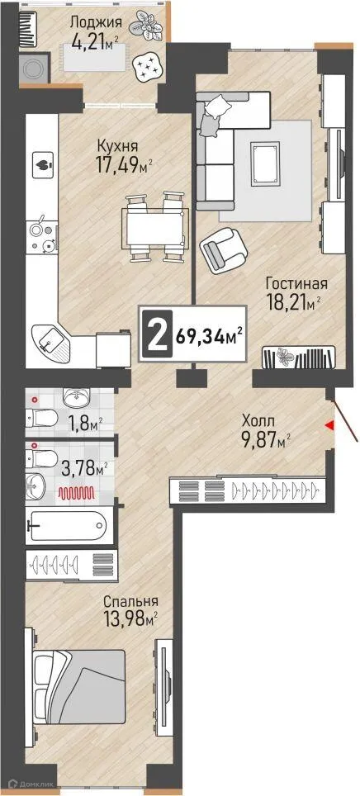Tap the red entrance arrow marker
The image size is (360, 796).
(329, 425)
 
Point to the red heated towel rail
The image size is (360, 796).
(76, 494)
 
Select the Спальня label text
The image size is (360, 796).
(127, 601)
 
